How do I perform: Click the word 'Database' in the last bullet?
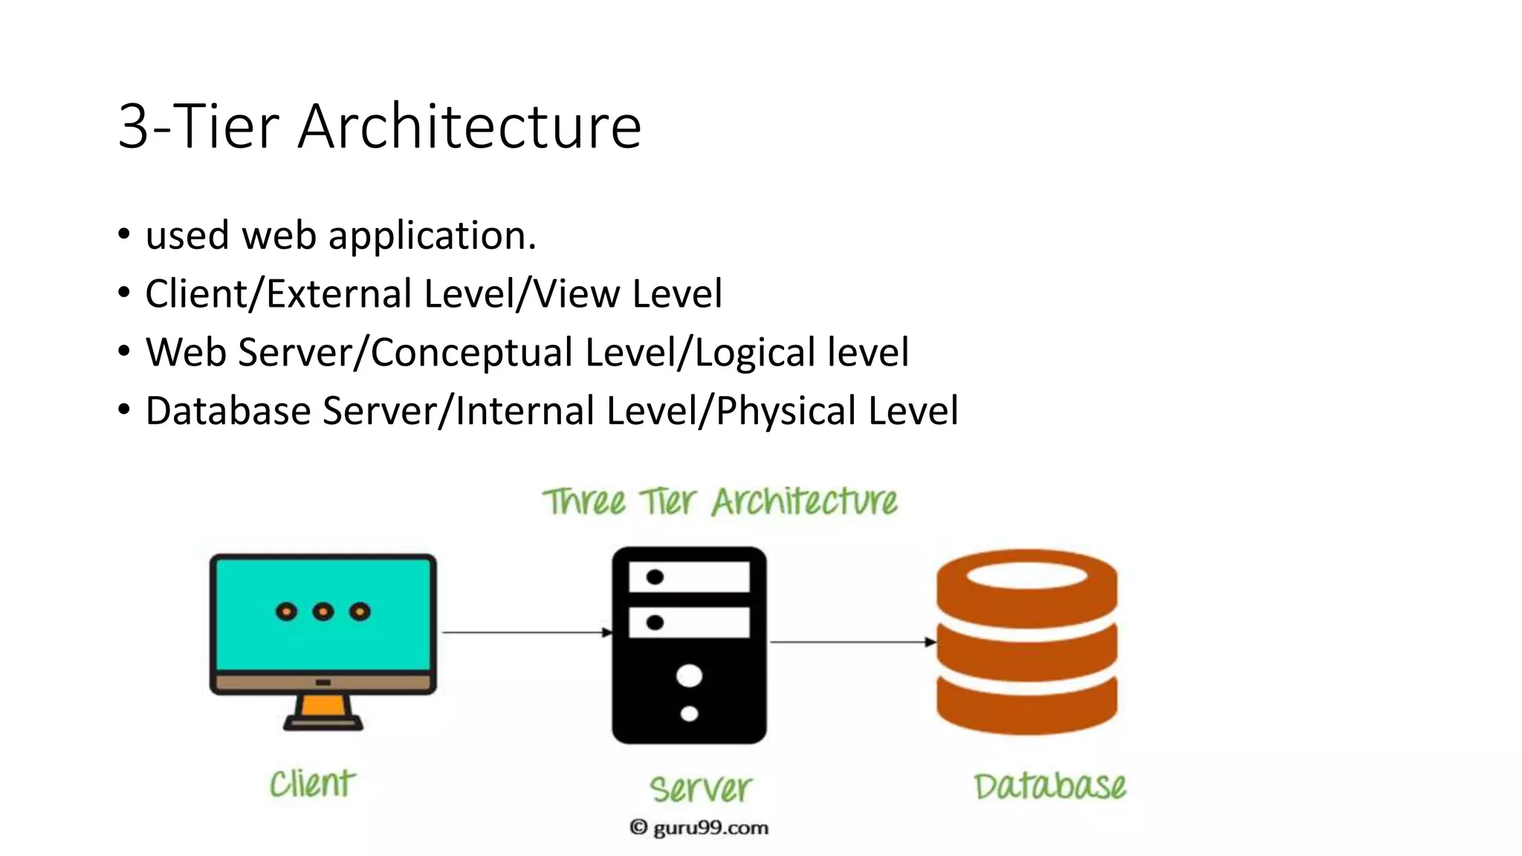point(227,411)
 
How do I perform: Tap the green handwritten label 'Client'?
point(312,784)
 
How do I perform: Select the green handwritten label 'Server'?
point(700,788)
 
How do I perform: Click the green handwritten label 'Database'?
point(1049,786)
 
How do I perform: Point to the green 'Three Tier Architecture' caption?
point(719,502)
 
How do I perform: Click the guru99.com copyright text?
point(699,828)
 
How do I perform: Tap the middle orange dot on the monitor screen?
point(323,612)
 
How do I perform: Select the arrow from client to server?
point(526,632)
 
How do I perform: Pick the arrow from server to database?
point(852,641)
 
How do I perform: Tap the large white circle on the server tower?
point(689,676)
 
